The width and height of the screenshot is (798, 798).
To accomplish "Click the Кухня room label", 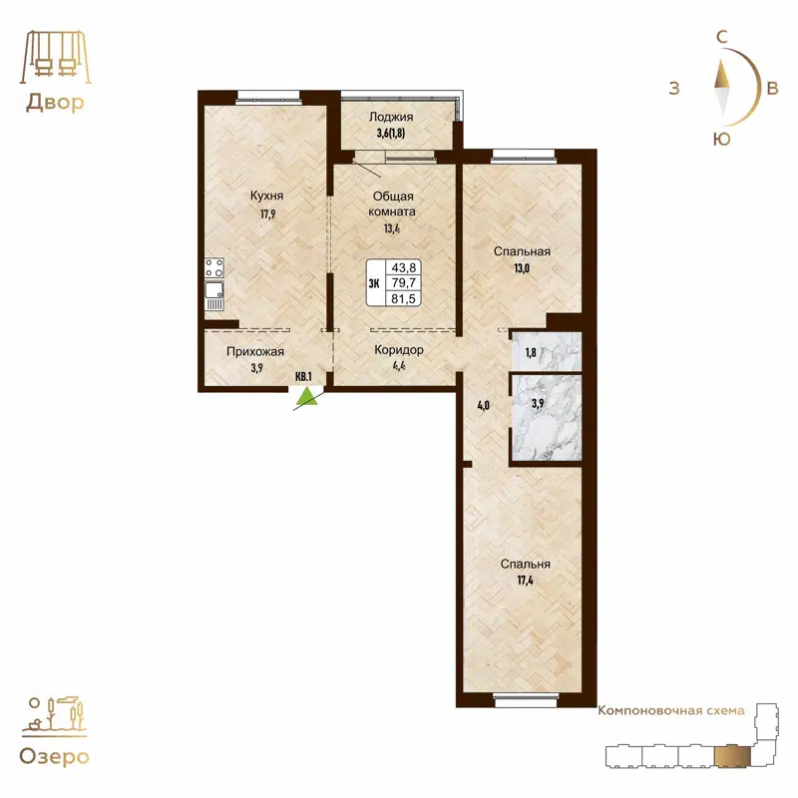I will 266,196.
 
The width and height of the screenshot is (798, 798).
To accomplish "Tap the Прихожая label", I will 256,351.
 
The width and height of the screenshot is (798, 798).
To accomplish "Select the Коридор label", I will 399,350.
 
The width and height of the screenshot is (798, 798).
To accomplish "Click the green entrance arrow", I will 308,398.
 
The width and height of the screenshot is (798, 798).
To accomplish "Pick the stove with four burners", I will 213,267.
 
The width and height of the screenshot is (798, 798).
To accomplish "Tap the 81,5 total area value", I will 406,298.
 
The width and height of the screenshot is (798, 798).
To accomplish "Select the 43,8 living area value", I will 406,267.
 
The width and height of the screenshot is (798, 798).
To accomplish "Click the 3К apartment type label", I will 375,283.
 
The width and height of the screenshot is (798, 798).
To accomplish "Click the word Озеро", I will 54,755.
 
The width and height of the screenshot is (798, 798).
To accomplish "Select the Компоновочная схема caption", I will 670,711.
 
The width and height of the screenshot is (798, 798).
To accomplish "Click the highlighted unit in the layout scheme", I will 735,755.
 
